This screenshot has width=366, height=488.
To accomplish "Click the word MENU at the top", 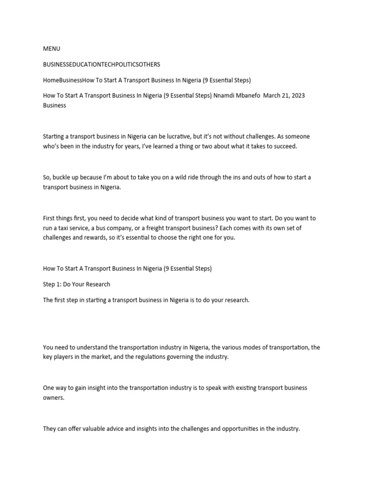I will coord(51,49).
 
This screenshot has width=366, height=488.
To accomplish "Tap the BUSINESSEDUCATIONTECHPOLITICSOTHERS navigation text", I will coord(102,64).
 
